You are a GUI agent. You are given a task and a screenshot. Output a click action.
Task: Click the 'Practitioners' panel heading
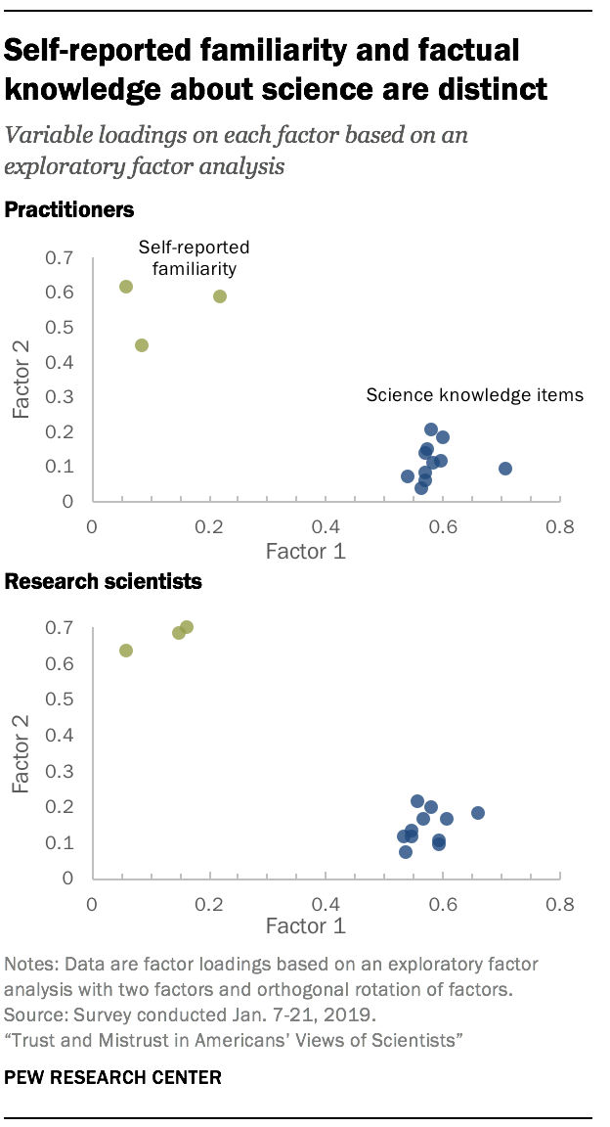[69, 209]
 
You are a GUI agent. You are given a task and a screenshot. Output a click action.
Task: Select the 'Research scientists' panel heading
[104, 582]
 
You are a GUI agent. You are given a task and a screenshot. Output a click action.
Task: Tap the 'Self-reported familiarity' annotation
[194, 257]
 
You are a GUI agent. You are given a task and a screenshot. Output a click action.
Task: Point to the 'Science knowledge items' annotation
[474, 396]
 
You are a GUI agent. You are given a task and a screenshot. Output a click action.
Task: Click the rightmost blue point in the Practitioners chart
[505, 469]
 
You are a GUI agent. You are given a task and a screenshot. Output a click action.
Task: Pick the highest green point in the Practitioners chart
[126, 287]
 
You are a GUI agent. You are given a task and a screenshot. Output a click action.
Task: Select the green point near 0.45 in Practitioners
[142, 345]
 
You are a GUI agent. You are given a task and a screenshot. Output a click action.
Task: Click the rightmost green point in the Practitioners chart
[220, 296]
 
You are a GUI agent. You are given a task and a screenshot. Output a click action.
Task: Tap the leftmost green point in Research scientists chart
[126, 651]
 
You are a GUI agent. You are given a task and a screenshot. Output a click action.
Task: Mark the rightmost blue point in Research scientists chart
[478, 813]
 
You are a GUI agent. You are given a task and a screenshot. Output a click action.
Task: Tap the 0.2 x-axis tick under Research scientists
[209, 903]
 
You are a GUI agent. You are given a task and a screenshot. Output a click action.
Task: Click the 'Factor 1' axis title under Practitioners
[306, 552]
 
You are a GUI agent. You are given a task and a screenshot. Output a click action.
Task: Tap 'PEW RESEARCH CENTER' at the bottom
[113, 1077]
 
